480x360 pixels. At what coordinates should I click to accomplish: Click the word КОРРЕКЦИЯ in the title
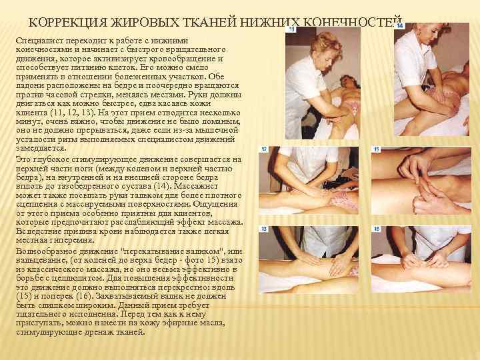pos(67,23)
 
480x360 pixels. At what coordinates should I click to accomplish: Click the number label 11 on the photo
pos(292,29)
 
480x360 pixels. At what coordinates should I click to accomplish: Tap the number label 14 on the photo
pos(400,26)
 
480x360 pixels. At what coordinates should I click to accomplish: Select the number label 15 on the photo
pos(377,149)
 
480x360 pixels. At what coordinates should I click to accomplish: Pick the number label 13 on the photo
pos(264,229)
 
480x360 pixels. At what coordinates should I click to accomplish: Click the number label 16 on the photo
pos(377,229)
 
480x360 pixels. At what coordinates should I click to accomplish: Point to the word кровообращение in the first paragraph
pos(185,59)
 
